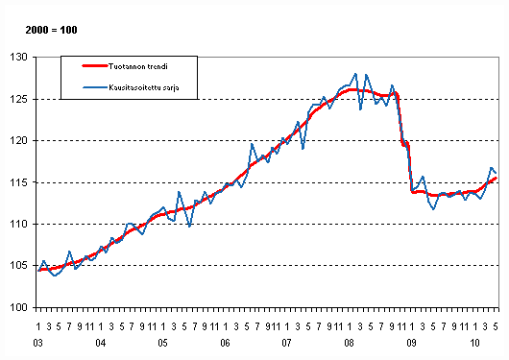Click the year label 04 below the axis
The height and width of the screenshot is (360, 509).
pos(101,343)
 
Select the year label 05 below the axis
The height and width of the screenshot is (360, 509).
pos(163,343)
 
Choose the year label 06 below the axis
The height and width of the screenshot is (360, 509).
pos(225,343)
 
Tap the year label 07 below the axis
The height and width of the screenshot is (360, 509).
pos(287,343)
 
